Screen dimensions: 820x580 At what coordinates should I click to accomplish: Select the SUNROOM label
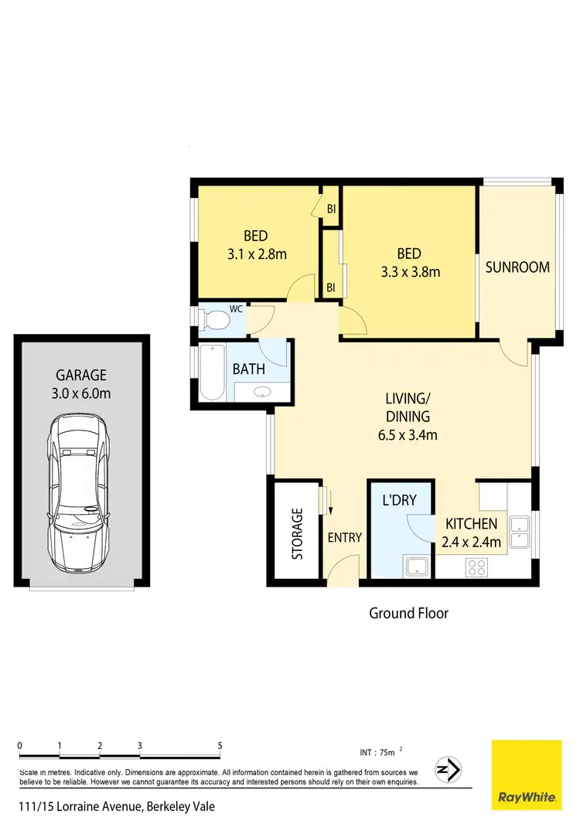pos(517,267)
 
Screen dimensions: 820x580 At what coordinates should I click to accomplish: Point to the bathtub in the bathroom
pos(211,373)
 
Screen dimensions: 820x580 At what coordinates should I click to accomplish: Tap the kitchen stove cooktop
pos(476,567)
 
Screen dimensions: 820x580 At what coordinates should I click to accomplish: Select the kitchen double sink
pos(520,528)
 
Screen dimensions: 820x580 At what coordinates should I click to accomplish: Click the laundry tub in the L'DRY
pos(417,567)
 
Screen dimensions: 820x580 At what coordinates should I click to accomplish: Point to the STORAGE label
pos(298,533)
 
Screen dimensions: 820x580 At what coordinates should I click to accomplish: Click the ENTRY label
pos(344,538)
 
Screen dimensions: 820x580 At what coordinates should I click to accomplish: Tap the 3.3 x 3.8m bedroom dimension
pos(410,272)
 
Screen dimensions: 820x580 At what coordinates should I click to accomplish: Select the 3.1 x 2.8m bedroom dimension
pos(256,254)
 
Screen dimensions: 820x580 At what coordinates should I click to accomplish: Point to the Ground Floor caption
pos(408,614)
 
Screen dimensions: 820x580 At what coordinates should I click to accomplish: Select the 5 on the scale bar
pos(220,746)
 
